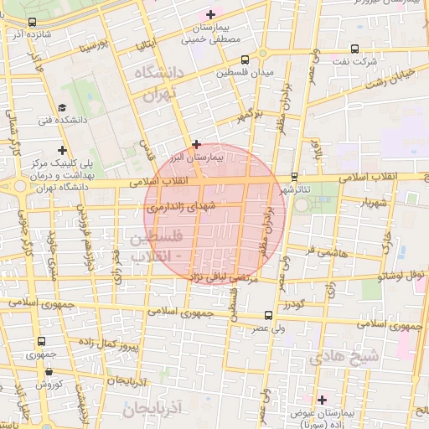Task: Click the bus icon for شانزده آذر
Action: (x=32, y=23)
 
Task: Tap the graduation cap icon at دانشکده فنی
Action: (x=62, y=107)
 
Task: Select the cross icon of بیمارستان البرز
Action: (x=196, y=144)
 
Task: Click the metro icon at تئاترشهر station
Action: (x=294, y=176)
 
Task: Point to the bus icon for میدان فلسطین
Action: (x=244, y=60)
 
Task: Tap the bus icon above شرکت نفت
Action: (x=354, y=49)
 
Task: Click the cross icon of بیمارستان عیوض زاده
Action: (x=322, y=400)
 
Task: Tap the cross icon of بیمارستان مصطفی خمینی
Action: (x=210, y=14)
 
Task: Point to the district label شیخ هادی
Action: (x=344, y=356)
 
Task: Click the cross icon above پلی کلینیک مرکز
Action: (x=62, y=149)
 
